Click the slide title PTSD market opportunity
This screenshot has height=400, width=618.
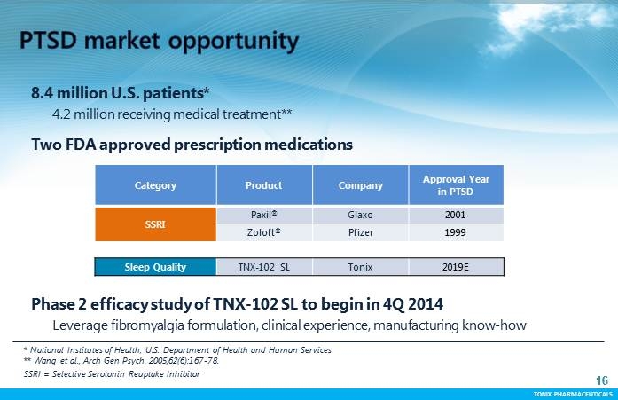pyautogui.click(x=160, y=40)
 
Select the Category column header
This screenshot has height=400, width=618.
pyautogui.click(x=155, y=185)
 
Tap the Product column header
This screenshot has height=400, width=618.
pyautogui.click(x=263, y=185)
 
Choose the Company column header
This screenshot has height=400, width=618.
pyautogui.click(x=361, y=185)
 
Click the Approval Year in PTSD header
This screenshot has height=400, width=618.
pyautogui.click(x=456, y=185)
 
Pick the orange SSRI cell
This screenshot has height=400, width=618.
pyautogui.click(x=155, y=224)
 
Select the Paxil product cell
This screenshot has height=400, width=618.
pyautogui.click(x=263, y=216)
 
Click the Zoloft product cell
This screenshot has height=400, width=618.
pyautogui.click(x=263, y=232)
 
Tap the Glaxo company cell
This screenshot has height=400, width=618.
pyautogui.click(x=361, y=216)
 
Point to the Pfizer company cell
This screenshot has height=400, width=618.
pyautogui.click(x=361, y=232)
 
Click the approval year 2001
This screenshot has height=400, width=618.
pyautogui.click(x=456, y=216)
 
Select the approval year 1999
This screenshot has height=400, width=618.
pyautogui.click(x=456, y=232)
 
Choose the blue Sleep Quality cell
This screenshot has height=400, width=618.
pyautogui.click(x=155, y=266)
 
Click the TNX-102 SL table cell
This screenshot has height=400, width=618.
pyautogui.click(x=263, y=266)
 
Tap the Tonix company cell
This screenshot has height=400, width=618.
pyautogui.click(x=361, y=266)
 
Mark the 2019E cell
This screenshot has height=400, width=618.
pyautogui.click(x=456, y=266)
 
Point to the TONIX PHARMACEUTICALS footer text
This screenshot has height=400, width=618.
pyautogui.click(x=571, y=393)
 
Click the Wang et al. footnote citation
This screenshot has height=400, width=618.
pyautogui.click(x=121, y=361)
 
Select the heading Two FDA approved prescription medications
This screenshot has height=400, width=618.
pyautogui.click(x=192, y=144)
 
